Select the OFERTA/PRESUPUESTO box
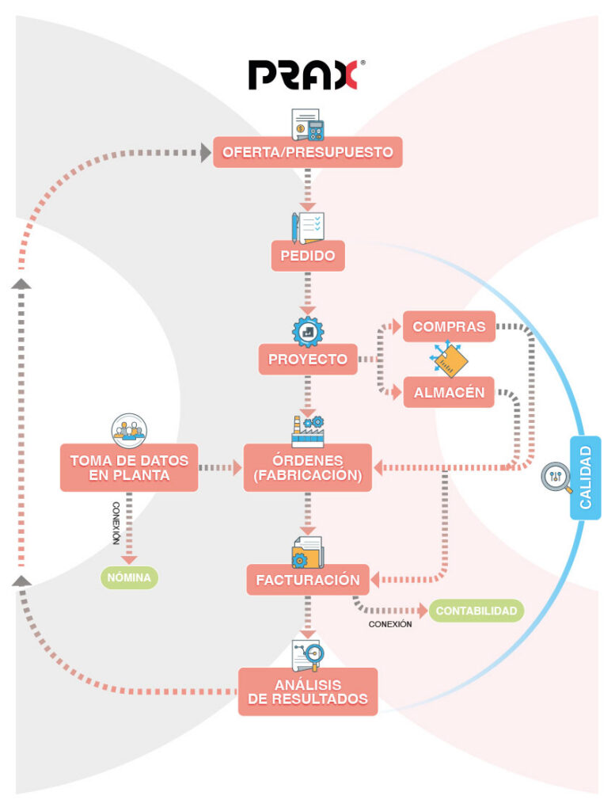click(x=307, y=152)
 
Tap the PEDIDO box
click(x=307, y=256)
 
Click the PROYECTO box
click(x=307, y=359)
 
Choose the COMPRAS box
click(x=449, y=326)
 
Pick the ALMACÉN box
click(x=449, y=392)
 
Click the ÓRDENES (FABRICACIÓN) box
click(x=307, y=468)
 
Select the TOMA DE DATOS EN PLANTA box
click(x=130, y=468)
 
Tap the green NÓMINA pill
click(x=130, y=577)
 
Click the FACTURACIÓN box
click(x=307, y=580)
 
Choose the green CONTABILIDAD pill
click(x=476, y=611)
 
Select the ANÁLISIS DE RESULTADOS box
click(x=307, y=691)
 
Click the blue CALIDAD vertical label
click(x=585, y=478)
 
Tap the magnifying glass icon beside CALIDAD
click(x=556, y=478)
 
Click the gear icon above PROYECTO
click(x=307, y=331)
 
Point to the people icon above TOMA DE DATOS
click(x=129, y=428)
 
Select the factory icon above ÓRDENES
click(x=307, y=430)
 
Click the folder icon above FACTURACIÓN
click(x=307, y=552)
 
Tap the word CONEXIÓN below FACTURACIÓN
click(x=390, y=624)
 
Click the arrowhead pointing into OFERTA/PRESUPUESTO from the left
click(x=204, y=153)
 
